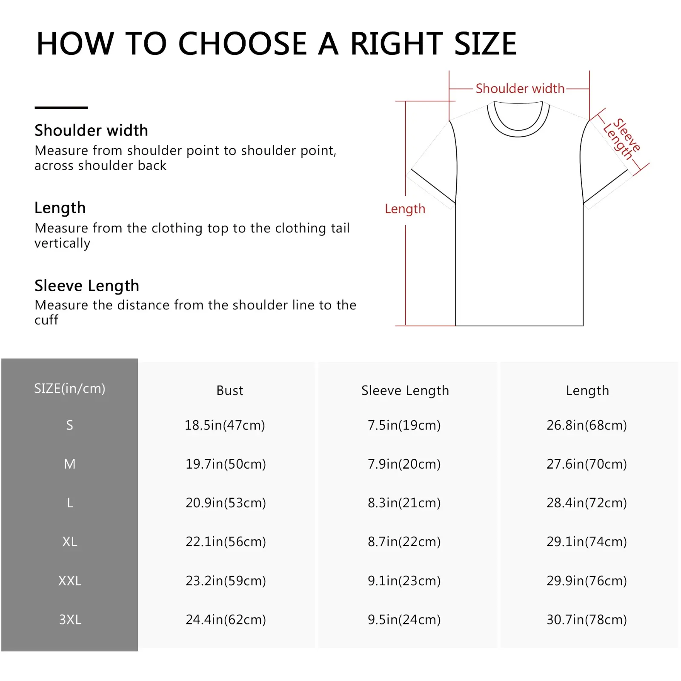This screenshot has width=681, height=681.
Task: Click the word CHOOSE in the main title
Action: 242,43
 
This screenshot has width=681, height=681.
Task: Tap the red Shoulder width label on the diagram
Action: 520,89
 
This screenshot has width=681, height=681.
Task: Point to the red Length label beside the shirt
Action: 405,209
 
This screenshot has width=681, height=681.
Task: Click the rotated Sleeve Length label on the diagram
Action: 622,139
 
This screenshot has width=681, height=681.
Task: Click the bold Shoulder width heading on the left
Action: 91,130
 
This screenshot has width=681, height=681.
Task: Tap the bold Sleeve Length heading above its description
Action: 87,286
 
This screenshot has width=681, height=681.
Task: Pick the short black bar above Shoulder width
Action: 61,108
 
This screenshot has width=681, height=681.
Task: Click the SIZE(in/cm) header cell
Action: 69,389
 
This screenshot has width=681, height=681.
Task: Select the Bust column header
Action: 229,390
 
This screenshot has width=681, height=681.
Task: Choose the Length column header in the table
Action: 587,391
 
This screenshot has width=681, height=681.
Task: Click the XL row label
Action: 70,542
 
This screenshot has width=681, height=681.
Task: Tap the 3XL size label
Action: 70,620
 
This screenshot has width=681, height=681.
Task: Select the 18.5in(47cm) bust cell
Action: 225,425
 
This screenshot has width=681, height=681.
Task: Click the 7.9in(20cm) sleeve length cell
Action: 404,464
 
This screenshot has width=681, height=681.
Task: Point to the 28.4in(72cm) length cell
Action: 587,503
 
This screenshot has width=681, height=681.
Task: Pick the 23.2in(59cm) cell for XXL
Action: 226,581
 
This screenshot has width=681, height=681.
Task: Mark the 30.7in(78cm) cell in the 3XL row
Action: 587,620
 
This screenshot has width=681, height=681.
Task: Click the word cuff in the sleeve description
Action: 46,320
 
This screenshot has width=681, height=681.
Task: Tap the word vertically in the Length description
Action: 63,243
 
